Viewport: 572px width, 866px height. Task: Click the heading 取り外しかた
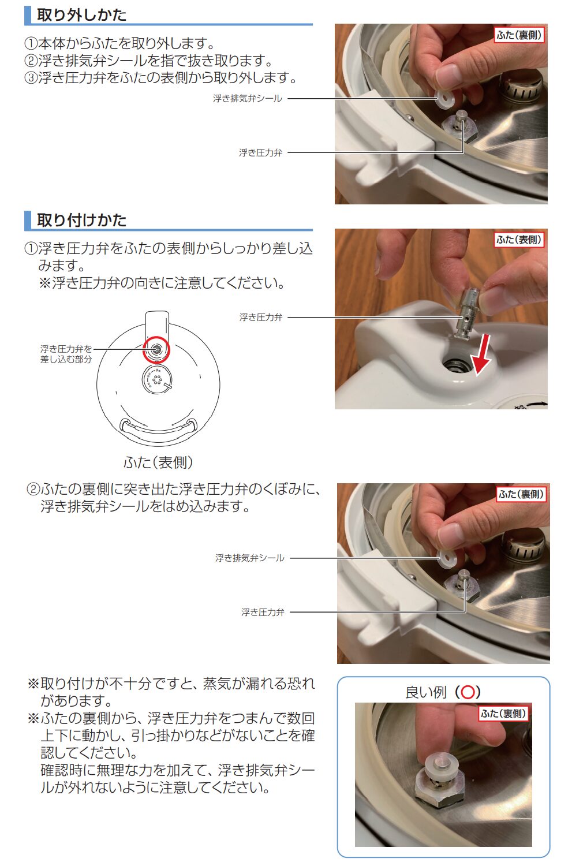click(81, 14)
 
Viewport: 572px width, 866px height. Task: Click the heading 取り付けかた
click(81, 220)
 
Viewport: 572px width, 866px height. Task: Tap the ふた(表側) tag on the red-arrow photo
click(519, 240)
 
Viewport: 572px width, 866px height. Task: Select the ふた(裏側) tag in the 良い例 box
click(503, 714)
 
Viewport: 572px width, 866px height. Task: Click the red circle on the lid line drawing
click(156, 349)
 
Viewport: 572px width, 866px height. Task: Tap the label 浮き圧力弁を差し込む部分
click(66, 354)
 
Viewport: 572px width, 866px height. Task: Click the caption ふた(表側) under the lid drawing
click(158, 462)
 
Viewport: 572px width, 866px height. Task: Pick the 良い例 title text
click(426, 692)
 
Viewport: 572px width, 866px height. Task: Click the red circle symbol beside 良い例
click(468, 692)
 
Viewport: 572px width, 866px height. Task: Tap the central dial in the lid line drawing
click(156, 380)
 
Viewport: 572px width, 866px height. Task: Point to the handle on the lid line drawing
click(158, 428)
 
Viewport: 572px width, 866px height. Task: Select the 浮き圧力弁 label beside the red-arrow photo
click(261, 318)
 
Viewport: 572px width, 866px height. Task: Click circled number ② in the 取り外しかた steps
click(31, 61)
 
